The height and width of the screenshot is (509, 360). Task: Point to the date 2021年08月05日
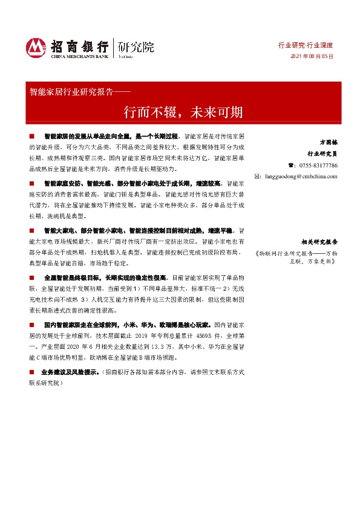(x=312, y=56)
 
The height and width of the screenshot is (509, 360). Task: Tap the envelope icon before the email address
(x=258, y=177)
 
